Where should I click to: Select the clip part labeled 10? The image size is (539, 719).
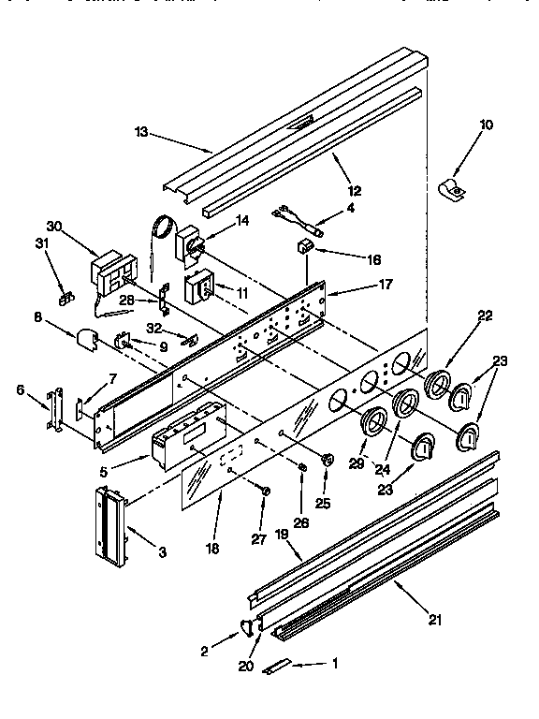(x=453, y=189)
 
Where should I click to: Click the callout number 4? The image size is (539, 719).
(x=350, y=208)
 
